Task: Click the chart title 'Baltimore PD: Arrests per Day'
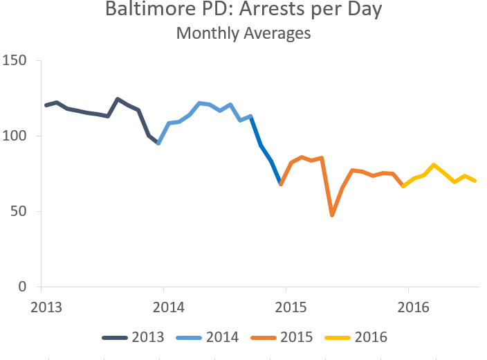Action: (243, 10)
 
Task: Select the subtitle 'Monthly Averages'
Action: (243, 33)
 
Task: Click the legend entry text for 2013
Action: (147, 338)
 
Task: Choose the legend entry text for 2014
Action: (222, 338)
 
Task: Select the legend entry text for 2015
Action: (297, 338)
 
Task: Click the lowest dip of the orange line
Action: (332, 215)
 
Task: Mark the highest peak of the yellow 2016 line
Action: (434, 165)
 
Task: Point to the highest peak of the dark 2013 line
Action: (118, 99)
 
